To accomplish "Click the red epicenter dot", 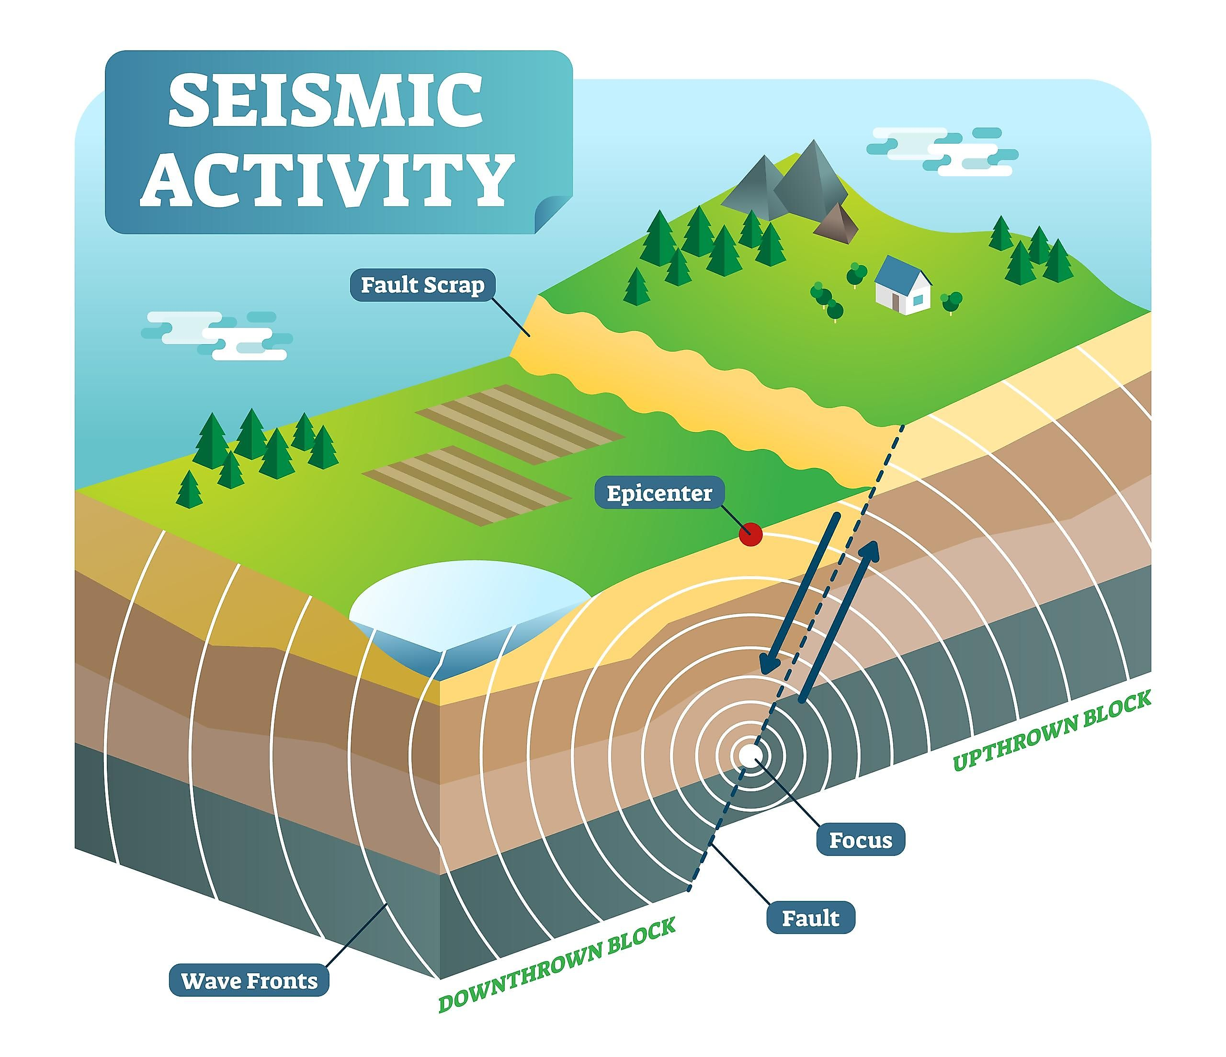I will pyautogui.click(x=750, y=534).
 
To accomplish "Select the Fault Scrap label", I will pyautogui.click(x=422, y=285).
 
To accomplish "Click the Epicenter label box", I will pyautogui.click(x=659, y=493).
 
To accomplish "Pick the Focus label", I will pyautogui.click(x=860, y=840).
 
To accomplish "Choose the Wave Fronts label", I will pyautogui.click(x=249, y=981).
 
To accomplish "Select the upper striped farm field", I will pyautogui.click(x=520, y=424).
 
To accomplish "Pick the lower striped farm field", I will pyautogui.click(x=466, y=485).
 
